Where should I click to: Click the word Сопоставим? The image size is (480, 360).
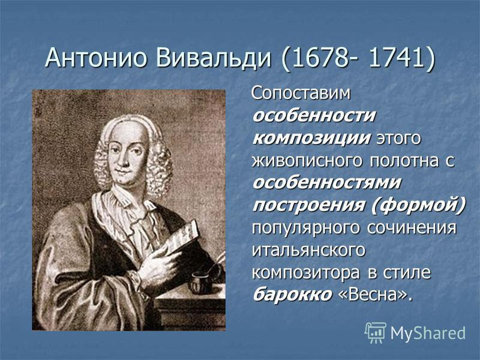pos(301,94)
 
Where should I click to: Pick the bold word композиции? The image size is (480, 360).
pos(311,139)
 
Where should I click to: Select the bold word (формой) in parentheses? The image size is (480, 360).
pos(418,205)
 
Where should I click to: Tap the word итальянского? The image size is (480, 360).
pos(308,250)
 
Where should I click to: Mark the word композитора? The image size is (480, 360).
pos(307,273)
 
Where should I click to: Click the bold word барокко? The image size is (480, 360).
pos(293,295)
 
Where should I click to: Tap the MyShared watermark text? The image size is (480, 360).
pos(428,333)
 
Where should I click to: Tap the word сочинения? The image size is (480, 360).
pos(412,228)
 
